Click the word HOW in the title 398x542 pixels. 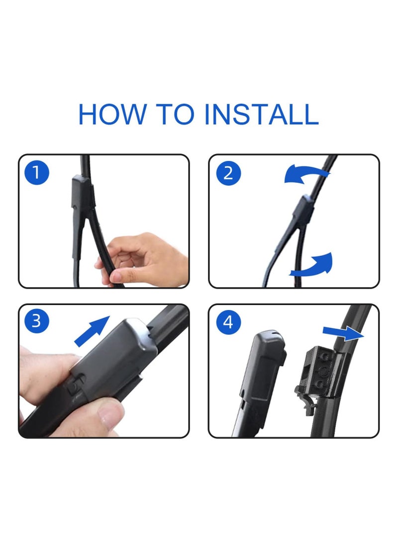tap(112, 114)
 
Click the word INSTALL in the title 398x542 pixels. tap(261, 114)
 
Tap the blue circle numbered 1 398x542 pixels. tap(37, 172)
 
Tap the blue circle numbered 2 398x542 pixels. tap(228, 172)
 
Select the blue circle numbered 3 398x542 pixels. tap(37, 321)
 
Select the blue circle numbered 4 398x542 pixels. tap(228, 322)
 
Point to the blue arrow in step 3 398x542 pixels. tap(92, 331)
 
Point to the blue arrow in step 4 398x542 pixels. tap(343, 333)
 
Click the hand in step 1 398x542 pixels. tap(142, 259)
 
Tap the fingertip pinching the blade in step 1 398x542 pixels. tap(116, 277)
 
